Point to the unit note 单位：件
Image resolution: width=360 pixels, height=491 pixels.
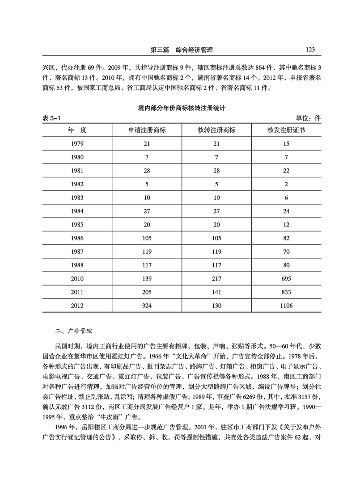pos(308,118)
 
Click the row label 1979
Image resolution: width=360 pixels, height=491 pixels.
pos(77,144)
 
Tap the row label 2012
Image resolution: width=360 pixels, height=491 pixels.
pos(77,306)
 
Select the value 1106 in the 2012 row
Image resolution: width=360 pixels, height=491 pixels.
pos(287,306)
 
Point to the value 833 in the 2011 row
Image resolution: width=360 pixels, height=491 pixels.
pos(287,293)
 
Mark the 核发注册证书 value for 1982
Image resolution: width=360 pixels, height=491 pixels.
pos(287,185)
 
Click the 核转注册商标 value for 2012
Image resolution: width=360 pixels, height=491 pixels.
pos(216,306)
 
